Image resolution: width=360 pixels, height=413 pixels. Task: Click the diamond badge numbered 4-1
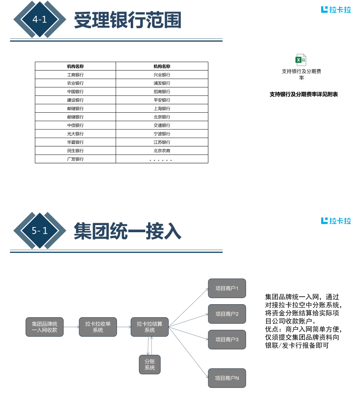[x=40, y=19]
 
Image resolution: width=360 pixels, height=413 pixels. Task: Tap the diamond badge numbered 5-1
[x=40, y=231]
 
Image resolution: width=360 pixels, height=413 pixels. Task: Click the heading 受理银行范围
[x=128, y=20]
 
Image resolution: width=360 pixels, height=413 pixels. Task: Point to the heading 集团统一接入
[x=128, y=231]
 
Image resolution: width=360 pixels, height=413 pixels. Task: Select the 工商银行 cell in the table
[x=75, y=75]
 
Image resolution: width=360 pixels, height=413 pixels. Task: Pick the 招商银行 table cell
[x=162, y=92]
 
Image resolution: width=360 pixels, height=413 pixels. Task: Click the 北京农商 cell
[x=162, y=151]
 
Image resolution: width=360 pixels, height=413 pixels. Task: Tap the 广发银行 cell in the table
[x=75, y=159]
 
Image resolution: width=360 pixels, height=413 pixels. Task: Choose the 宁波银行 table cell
[x=162, y=134]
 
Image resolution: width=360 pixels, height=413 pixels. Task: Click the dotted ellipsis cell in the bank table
[x=162, y=159]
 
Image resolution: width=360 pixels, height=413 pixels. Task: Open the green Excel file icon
[x=301, y=60]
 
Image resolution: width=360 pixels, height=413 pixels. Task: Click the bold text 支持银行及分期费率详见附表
[x=303, y=94]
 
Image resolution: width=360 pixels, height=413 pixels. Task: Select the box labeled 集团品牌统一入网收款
[x=45, y=327]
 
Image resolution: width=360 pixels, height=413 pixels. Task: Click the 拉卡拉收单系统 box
[x=98, y=327]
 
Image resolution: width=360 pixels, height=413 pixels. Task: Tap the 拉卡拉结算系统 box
[x=150, y=327]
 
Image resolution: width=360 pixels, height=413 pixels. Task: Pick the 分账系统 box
[x=150, y=364]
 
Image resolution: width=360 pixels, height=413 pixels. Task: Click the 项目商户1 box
[x=227, y=288]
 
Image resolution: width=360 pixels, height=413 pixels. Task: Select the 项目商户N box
[x=227, y=378]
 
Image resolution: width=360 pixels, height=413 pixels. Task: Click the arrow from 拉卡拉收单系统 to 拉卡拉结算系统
[x=124, y=327]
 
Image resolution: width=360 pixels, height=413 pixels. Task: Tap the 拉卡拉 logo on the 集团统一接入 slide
[x=336, y=221]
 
